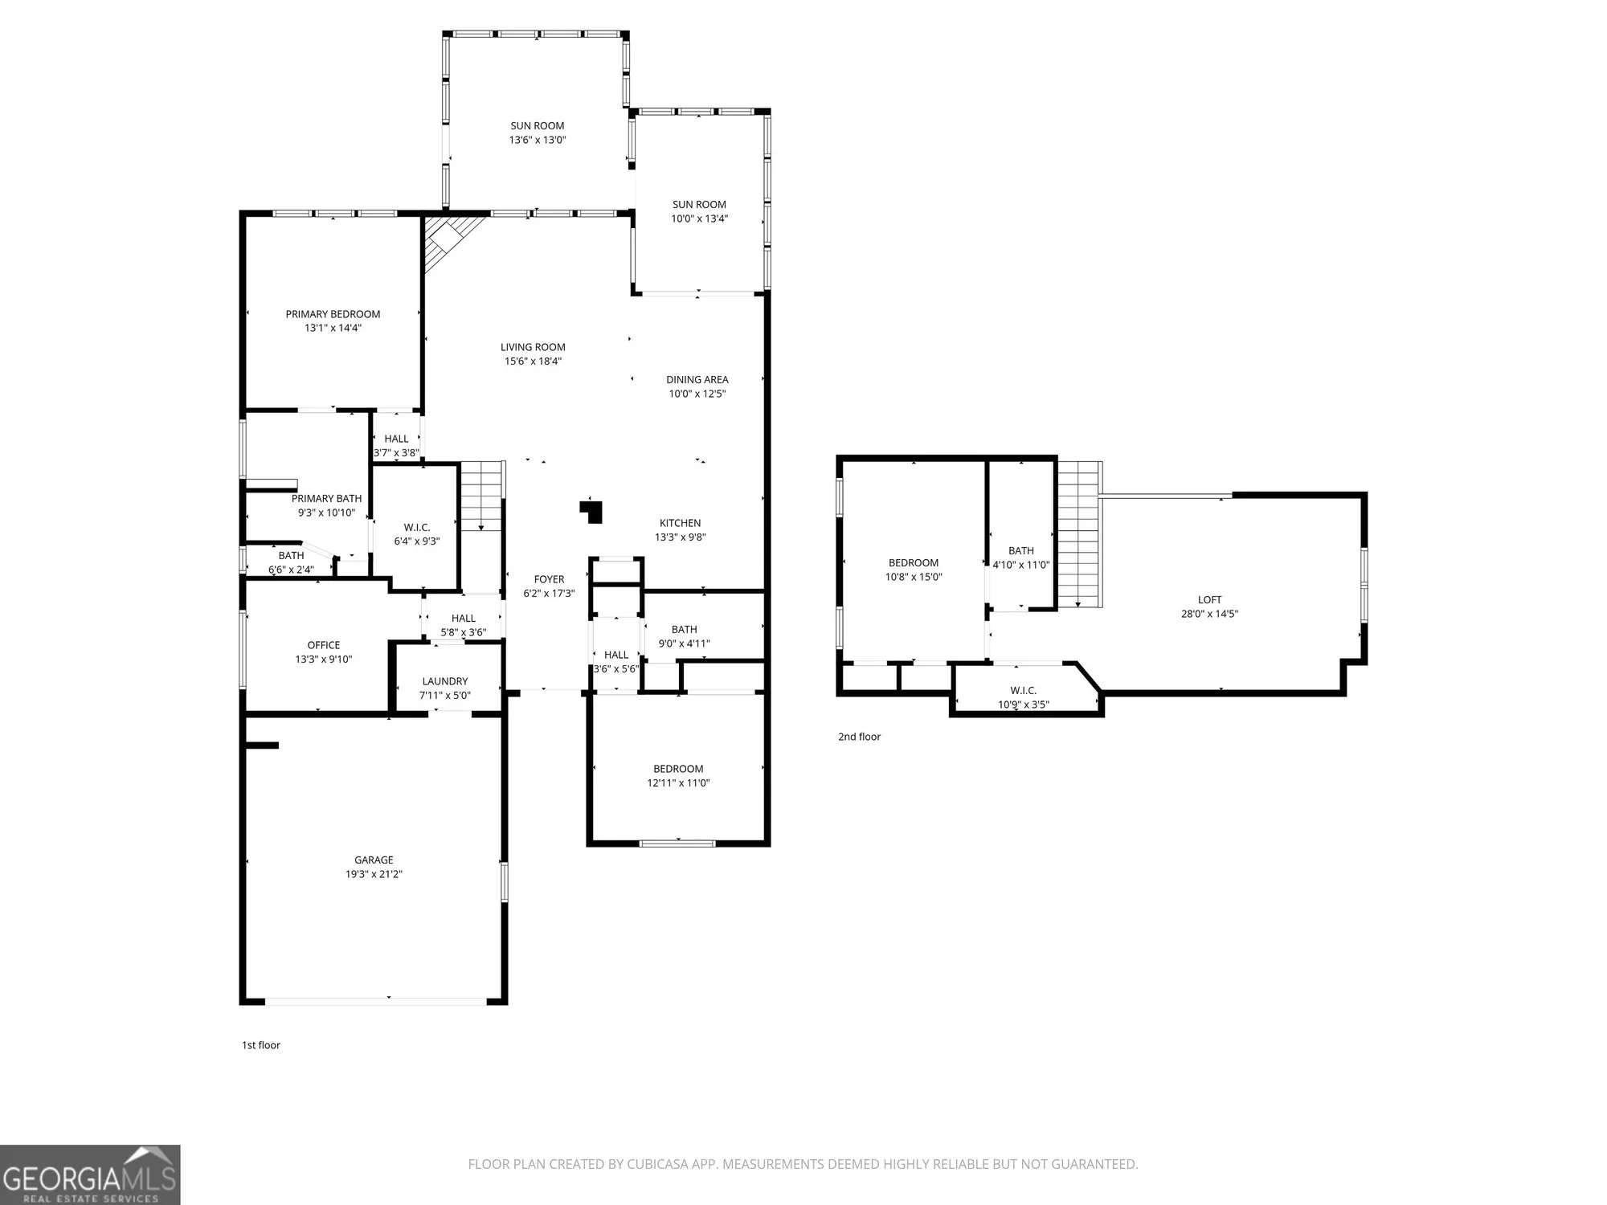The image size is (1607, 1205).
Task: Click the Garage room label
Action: tap(374, 860)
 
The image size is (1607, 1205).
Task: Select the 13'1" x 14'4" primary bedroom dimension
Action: tap(333, 328)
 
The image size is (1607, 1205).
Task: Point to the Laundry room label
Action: tap(444, 681)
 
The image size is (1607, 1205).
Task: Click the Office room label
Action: tap(323, 645)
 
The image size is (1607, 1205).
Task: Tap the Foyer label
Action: tap(549, 579)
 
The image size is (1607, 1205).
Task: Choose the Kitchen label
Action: tap(680, 523)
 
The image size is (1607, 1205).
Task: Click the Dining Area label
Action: tap(697, 380)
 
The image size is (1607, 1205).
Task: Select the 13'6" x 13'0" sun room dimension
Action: tap(537, 140)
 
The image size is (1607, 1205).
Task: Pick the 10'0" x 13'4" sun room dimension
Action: tap(699, 219)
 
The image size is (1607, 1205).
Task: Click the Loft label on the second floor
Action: tap(1209, 600)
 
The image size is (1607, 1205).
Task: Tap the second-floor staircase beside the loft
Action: tap(1078, 534)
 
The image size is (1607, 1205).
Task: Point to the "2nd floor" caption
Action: tap(859, 737)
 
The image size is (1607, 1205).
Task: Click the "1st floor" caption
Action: tap(261, 1045)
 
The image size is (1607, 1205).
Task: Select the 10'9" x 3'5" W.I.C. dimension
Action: tap(1023, 705)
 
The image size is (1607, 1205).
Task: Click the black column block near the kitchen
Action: tap(593, 512)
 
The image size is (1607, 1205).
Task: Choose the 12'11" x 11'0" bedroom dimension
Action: tap(678, 783)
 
